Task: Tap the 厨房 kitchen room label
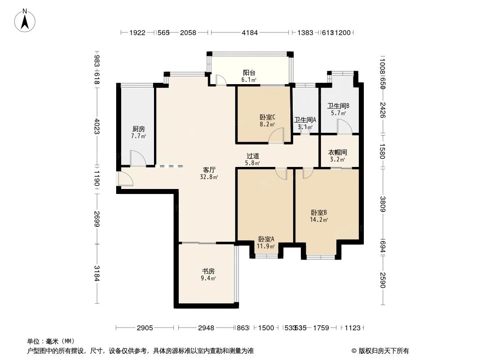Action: point(139,129)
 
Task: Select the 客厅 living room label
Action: point(209,170)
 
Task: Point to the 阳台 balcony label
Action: point(249,73)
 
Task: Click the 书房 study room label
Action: point(208,271)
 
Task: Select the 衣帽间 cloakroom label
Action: point(337,153)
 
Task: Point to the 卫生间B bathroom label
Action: point(338,106)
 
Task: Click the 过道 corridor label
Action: point(252,156)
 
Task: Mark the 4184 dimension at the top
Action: point(249,33)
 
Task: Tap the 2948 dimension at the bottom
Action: point(206,328)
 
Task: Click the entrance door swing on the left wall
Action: point(125,179)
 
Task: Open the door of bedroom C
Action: point(276,136)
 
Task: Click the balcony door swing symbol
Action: point(221,80)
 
